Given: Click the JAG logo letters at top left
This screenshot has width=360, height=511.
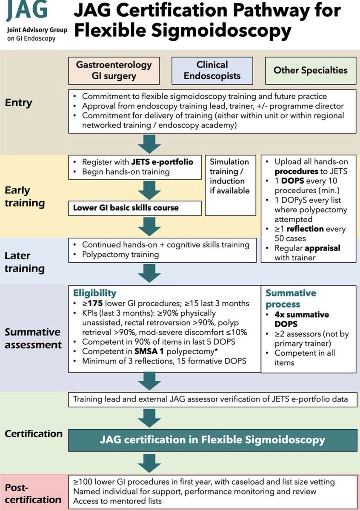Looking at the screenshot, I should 26,9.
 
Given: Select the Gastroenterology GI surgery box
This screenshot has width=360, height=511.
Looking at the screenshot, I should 114,71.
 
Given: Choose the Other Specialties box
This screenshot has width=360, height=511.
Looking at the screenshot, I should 311,71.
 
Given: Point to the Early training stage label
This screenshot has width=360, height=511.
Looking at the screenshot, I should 25,197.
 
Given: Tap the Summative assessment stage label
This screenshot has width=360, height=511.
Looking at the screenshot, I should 33,338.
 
